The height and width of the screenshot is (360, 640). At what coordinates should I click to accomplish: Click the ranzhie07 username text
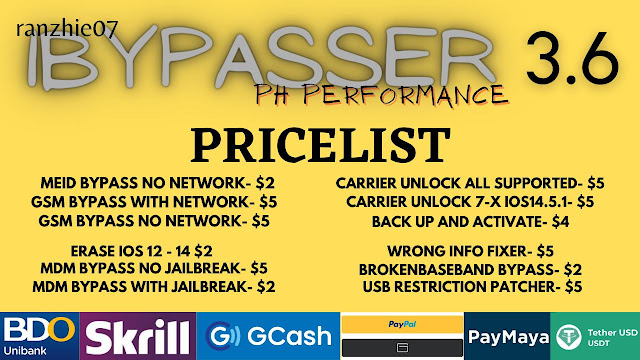coord(67,29)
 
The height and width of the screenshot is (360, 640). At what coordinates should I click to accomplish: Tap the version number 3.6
coord(572,58)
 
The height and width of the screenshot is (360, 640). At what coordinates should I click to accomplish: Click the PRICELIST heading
coord(321,145)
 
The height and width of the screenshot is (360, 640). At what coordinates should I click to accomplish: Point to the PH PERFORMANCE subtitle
coord(382,96)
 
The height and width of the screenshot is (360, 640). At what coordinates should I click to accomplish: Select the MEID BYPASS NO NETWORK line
coord(158,183)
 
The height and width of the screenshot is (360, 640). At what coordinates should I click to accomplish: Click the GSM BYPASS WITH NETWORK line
coord(154,202)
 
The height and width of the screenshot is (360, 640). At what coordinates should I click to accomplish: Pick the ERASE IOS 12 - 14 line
coord(141,251)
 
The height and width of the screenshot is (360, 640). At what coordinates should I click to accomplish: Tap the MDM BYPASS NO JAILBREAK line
coord(154,269)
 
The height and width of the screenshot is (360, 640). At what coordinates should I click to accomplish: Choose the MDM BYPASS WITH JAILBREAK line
coord(153,287)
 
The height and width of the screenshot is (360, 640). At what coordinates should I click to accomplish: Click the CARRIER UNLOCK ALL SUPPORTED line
coord(470,184)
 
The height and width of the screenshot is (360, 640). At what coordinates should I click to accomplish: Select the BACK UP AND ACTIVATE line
coord(470,222)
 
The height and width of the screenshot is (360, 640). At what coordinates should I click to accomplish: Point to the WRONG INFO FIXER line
coord(470,251)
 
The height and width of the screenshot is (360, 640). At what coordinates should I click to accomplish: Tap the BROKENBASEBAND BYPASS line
coord(470,270)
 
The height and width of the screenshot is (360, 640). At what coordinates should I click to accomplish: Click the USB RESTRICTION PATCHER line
coord(472,287)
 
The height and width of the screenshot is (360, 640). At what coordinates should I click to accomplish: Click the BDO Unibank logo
coord(40,336)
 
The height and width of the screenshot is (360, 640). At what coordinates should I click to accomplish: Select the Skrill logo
coord(138,336)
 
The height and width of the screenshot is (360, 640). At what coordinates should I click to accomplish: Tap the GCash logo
coord(268,336)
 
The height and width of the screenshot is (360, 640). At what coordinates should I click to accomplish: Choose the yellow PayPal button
coord(402,324)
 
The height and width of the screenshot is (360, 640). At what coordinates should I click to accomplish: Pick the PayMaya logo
coord(507,336)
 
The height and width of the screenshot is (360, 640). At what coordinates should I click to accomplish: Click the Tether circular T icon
coord(569,337)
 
